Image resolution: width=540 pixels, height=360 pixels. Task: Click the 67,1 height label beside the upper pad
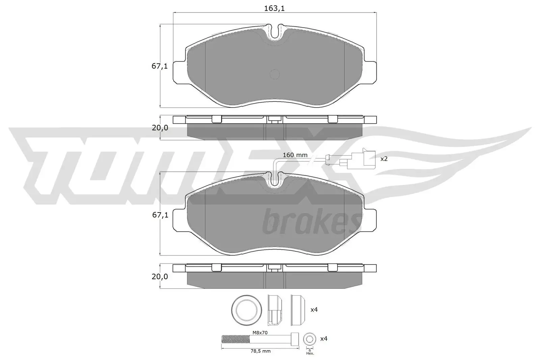coord(159,66)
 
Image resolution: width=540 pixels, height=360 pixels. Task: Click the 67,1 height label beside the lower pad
coord(159,215)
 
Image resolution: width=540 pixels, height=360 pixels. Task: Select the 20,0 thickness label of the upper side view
coord(159,128)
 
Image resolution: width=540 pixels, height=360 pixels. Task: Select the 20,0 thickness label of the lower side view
coord(159,276)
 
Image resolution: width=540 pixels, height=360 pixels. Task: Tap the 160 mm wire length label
coord(295,155)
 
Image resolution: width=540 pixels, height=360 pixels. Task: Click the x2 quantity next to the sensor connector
coord(384,159)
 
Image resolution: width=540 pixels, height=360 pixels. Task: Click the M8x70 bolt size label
coord(260,333)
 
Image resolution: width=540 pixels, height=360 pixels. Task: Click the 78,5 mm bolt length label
coord(260,351)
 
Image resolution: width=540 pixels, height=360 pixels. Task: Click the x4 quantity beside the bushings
coord(314,309)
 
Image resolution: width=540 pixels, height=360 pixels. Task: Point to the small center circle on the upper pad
coord(275,74)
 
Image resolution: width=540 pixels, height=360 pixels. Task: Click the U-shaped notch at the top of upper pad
coord(275,33)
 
